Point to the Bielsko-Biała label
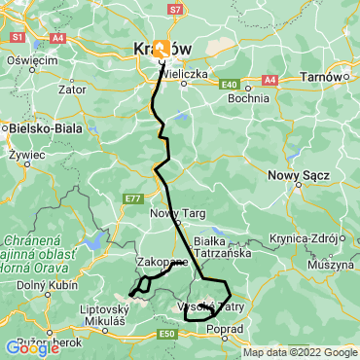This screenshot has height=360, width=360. point(41,126)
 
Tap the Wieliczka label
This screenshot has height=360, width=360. point(195,72)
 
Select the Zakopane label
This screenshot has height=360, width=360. point(162,262)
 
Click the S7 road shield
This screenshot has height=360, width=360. point(174,9)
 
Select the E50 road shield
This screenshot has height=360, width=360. point(167,334)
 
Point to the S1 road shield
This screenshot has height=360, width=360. point(17,37)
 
